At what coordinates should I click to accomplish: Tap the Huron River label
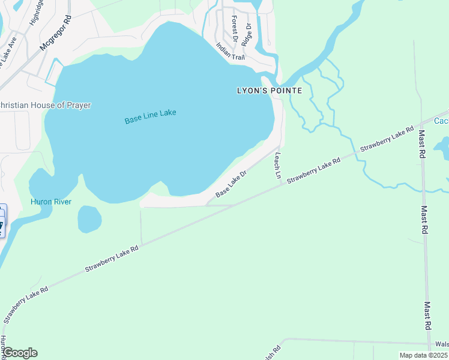[51, 202]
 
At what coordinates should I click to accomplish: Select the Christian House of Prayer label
[45, 106]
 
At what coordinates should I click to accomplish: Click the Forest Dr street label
[235, 29]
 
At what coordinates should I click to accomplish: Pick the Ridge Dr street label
[247, 34]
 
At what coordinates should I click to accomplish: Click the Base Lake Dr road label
[231, 185]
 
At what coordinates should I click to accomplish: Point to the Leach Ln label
[278, 166]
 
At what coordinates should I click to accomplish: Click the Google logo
[20, 353]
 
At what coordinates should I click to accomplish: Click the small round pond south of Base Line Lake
[89, 219]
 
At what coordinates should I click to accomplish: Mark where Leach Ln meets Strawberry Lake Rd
[282, 184]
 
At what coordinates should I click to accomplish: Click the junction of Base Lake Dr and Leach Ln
[280, 145]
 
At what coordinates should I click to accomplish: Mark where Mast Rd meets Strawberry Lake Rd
[422, 122]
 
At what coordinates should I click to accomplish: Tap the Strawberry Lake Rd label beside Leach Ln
[313, 170]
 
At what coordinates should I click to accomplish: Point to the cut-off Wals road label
[441, 344]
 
